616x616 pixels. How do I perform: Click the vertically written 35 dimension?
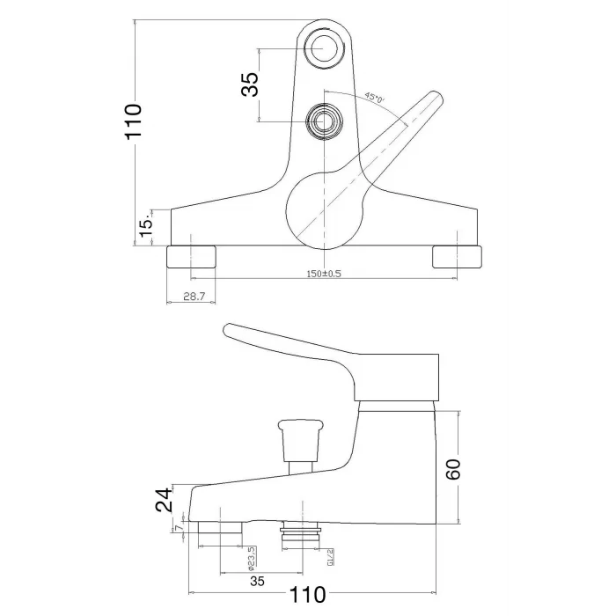(250, 84)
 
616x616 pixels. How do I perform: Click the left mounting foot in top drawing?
(191, 257)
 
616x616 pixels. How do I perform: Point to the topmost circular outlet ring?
(324, 48)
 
